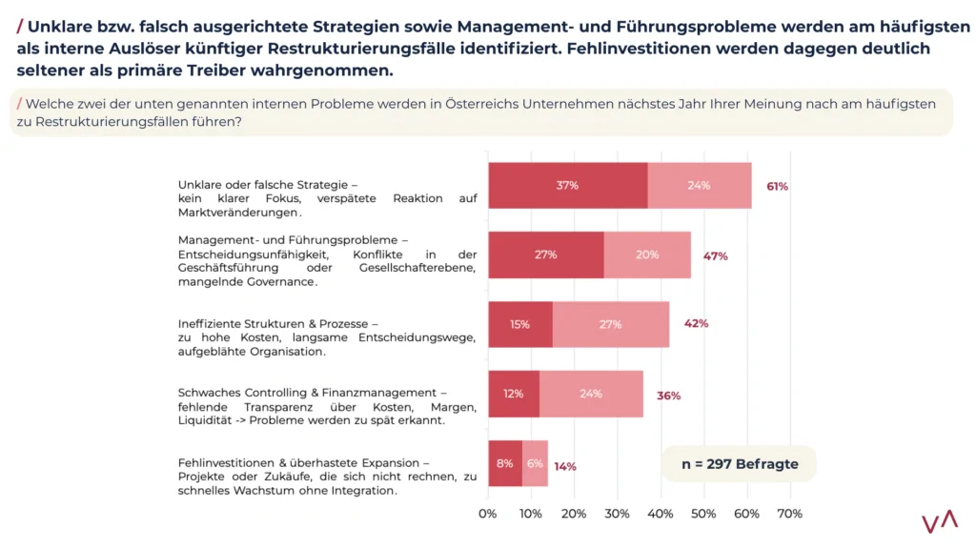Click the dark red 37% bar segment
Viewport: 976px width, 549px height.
coord(568,185)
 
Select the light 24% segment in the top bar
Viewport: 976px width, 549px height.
coord(699,185)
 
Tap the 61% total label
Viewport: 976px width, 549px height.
coord(777,187)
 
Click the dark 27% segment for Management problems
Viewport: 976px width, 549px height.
coord(545,254)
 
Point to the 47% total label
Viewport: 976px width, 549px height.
coord(716,255)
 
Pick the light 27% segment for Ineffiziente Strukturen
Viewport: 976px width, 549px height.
coord(610,324)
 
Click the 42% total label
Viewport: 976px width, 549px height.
coord(696,323)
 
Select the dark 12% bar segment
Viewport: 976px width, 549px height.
coord(514,394)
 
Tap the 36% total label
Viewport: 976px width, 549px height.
coord(668,395)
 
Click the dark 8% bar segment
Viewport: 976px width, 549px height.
coord(505,463)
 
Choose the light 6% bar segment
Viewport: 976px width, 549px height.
coord(535,463)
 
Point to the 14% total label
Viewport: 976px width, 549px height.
coord(565,466)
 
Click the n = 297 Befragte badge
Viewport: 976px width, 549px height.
coord(739,464)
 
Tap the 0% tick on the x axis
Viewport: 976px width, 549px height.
coord(488,514)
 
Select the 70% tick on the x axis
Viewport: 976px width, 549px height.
coord(789,514)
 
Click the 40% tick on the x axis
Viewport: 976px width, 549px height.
coord(660,514)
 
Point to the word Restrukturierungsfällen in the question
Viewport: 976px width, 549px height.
coord(115,122)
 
